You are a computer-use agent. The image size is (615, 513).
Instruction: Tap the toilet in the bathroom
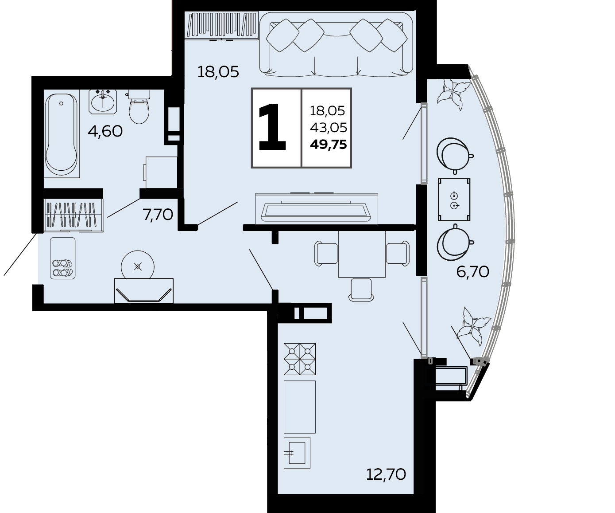click(139, 107)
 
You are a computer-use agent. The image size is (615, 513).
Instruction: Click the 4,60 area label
click(105, 131)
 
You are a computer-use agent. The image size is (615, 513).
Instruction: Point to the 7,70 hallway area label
click(158, 215)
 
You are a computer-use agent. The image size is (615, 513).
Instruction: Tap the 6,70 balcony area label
click(473, 271)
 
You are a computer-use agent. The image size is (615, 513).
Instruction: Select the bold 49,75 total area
click(329, 145)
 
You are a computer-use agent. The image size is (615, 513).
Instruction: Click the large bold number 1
click(272, 127)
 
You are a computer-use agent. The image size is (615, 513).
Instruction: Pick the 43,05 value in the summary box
click(329, 128)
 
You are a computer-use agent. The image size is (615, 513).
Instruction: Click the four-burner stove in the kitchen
click(300, 359)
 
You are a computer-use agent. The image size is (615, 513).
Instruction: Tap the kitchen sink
click(297, 453)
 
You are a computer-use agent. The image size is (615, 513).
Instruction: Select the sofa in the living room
click(336, 44)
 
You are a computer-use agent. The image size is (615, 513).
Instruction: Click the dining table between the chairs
click(362, 254)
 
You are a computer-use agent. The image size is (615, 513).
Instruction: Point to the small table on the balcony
click(454, 199)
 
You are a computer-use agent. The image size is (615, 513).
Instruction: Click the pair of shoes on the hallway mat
click(62, 268)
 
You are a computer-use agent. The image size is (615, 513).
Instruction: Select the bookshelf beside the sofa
click(221, 25)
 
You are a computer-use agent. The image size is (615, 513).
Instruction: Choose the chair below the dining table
click(361, 290)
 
